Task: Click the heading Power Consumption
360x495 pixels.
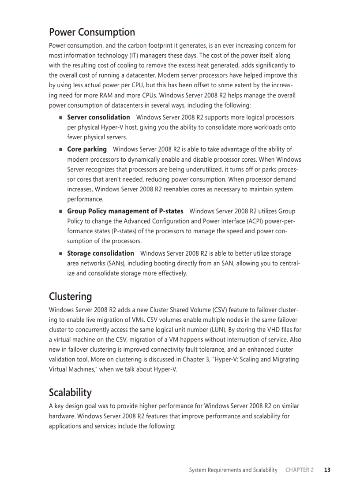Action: [92, 32]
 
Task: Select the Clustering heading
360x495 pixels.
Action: [70, 296]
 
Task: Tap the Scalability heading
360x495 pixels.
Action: [70, 392]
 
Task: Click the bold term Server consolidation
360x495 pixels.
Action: [98, 117]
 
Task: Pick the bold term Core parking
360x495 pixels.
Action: [87, 149]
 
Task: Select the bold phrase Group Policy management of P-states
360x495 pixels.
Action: [125, 211]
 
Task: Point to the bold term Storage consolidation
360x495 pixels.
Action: [101, 253]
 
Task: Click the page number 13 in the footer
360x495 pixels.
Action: [327, 470]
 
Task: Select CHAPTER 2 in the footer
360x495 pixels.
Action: [300, 470]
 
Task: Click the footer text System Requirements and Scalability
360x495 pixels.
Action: [233, 470]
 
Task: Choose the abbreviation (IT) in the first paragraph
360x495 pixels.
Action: [131, 56]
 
